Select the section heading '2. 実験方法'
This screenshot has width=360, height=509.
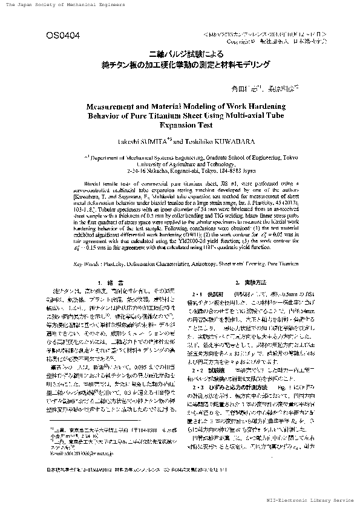(x=248, y=283)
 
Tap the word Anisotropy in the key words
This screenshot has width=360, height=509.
(x=198, y=264)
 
